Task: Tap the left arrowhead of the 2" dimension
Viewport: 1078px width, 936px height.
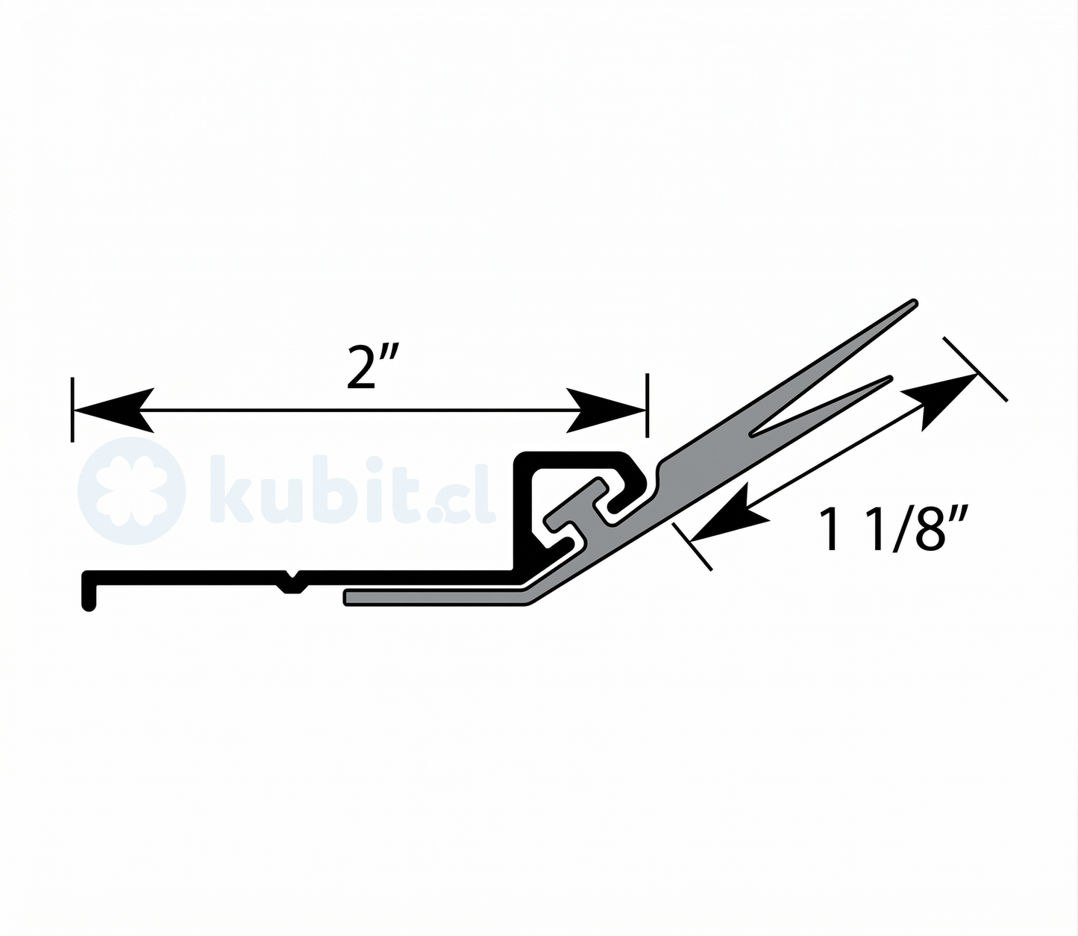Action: (x=113, y=410)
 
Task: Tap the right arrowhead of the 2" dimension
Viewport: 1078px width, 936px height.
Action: (x=606, y=410)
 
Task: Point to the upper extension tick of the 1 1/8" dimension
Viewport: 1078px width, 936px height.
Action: (x=975, y=369)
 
